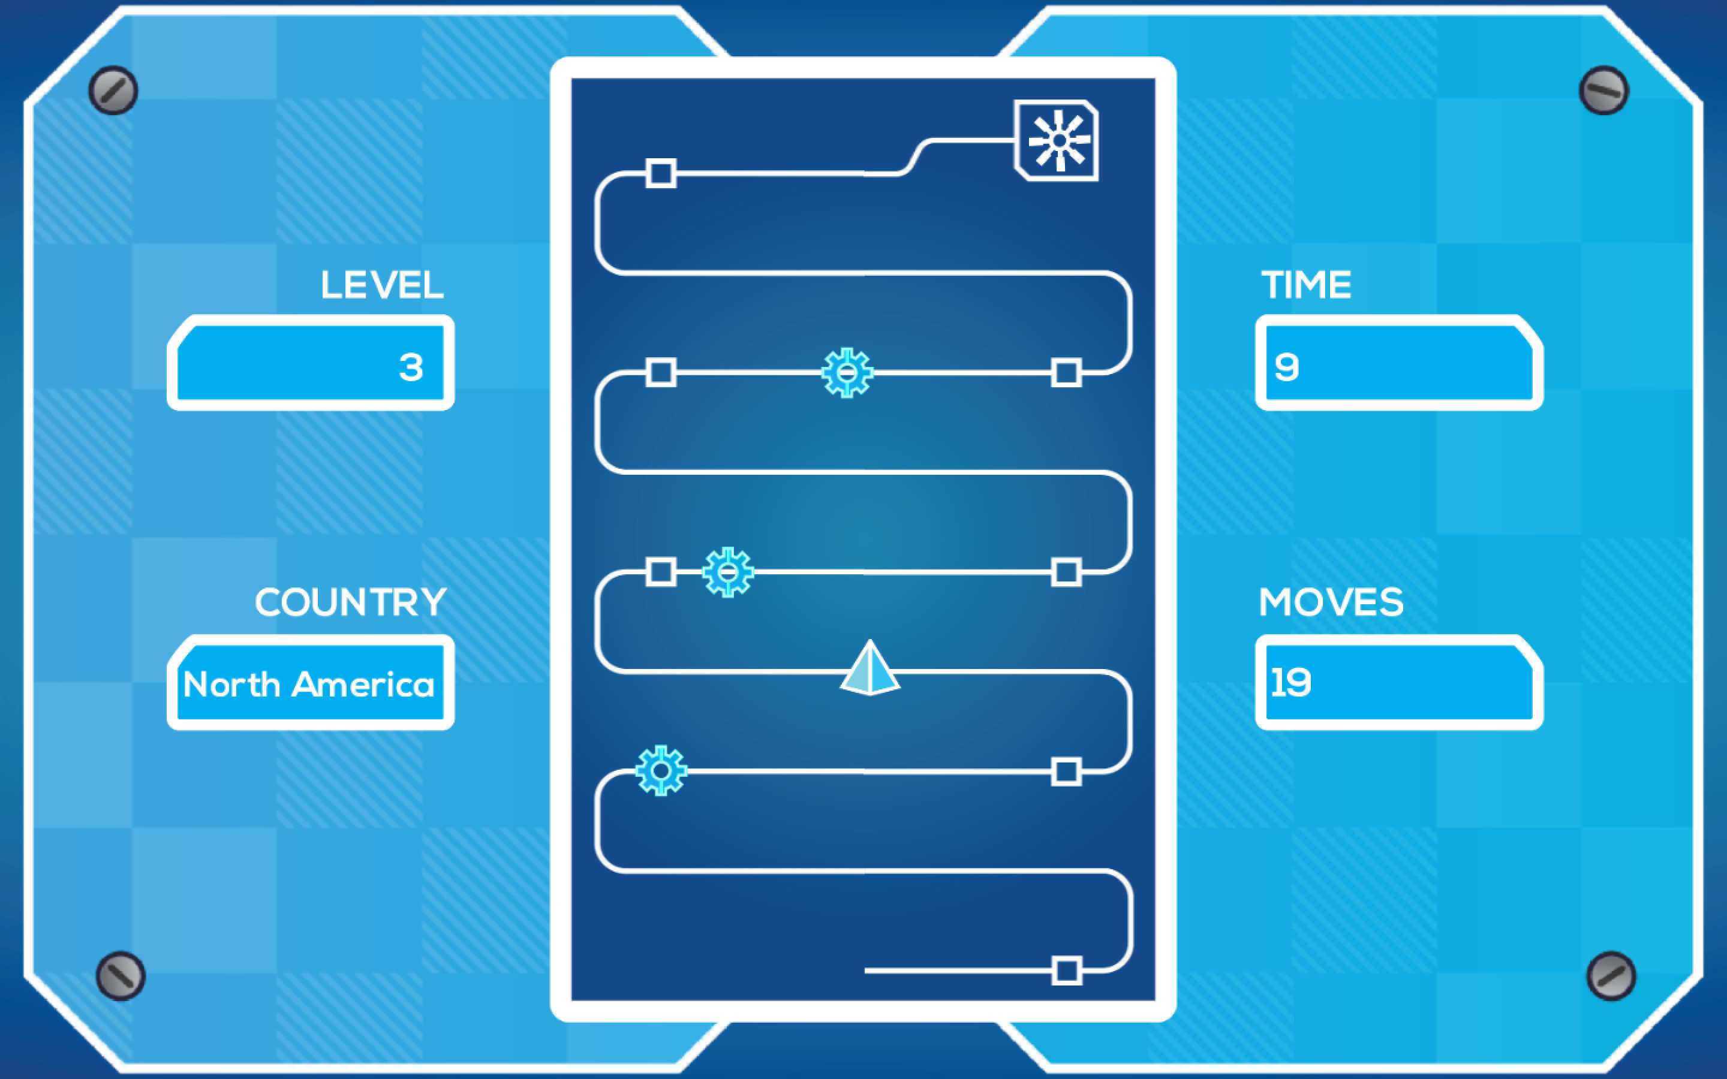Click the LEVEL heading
(382, 285)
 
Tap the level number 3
(411, 367)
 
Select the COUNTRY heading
(350, 602)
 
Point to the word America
(363, 685)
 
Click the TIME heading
(1306, 285)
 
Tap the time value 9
(1287, 367)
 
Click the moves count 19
(1290, 682)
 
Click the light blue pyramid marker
(870, 667)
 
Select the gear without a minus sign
(661, 771)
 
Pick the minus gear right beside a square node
(728, 572)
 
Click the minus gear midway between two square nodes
(847, 372)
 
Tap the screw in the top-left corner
(113, 91)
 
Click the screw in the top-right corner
(1604, 91)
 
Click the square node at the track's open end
(1067, 971)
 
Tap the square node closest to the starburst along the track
(661, 173)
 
